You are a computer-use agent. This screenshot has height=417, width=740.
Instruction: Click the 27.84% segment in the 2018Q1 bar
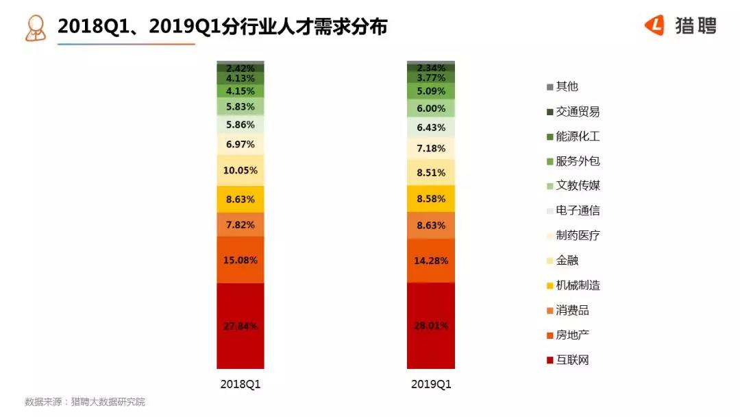(x=240, y=326)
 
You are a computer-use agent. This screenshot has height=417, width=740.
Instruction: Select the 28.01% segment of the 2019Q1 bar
(x=430, y=326)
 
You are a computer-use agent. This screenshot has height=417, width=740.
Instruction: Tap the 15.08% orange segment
(x=240, y=260)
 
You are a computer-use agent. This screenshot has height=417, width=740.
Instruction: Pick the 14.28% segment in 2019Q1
(x=430, y=261)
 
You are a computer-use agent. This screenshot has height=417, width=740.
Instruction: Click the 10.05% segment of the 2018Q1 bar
(x=240, y=170)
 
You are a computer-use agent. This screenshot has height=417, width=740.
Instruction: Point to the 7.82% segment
(x=240, y=224)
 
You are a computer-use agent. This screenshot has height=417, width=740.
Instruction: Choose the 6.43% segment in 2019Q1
(x=430, y=128)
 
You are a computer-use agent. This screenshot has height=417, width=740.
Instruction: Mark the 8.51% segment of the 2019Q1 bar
(x=430, y=172)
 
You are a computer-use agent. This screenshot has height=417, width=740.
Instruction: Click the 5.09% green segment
(x=430, y=91)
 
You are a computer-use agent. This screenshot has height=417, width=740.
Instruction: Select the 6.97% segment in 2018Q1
(x=240, y=144)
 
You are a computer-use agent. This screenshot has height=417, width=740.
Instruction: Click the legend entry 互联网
(x=571, y=360)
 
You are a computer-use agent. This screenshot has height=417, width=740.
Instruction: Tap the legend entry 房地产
(x=571, y=335)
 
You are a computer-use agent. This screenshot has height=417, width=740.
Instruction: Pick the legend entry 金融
(x=567, y=261)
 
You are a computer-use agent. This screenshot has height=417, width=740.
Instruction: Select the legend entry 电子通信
(x=577, y=211)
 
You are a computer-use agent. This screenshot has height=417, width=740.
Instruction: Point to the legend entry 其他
(x=567, y=86)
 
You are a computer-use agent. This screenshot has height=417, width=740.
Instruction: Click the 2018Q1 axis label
(x=240, y=385)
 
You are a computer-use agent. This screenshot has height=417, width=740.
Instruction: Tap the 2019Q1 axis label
(x=431, y=385)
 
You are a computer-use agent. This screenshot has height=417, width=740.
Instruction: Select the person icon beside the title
(x=35, y=27)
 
